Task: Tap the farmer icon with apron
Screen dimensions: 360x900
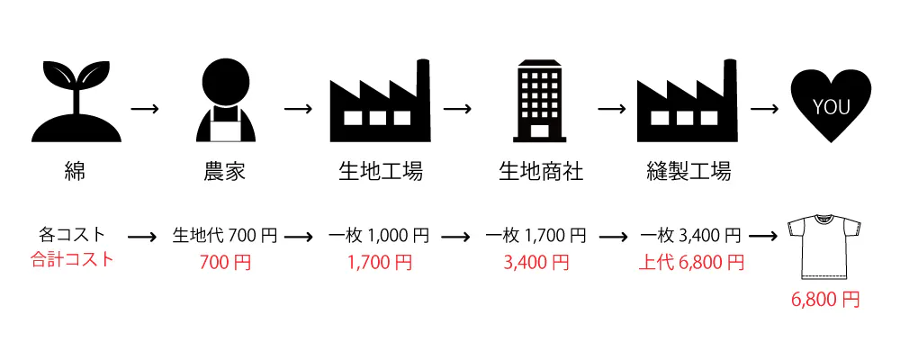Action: pos(227,101)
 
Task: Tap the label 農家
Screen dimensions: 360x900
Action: pos(226,172)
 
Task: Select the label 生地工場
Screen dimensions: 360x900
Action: pos(378,172)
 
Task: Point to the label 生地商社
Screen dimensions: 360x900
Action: pos(540,172)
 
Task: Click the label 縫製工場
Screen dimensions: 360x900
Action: pos(688,172)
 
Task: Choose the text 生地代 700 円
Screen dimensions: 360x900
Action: pos(225,236)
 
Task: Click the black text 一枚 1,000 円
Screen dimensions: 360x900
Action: pos(378,236)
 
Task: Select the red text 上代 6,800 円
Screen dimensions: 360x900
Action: pos(691,263)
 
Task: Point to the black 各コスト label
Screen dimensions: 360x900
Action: pos(72,235)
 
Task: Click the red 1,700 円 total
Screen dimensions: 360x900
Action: pos(378,263)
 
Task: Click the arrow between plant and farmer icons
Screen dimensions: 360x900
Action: pos(145,109)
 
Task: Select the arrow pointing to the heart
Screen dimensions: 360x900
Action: pos(765,109)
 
